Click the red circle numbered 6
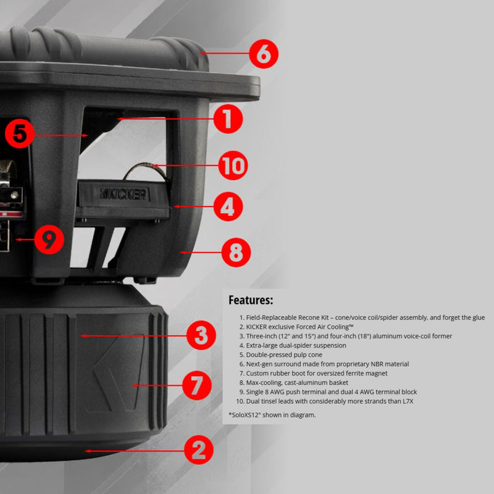pyautogui.click(x=264, y=54)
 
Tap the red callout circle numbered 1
pyautogui.click(x=228, y=119)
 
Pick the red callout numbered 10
pyautogui.click(x=233, y=165)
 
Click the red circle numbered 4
pyautogui.click(x=228, y=206)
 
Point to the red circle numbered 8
pyautogui.click(x=236, y=253)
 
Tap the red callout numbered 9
pyautogui.click(x=49, y=240)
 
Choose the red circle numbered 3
pyautogui.click(x=201, y=335)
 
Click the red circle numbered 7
pyautogui.click(x=196, y=385)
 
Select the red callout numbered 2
pyautogui.click(x=198, y=450)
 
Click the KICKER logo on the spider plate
pyautogui.click(x=124, y=194)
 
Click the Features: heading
pyautogui.click(x=251, y=300)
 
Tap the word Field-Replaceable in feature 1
pyautogui.click(x=271, y=317)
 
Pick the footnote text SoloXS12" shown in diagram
pyautogui.click(x=274, y=415)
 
